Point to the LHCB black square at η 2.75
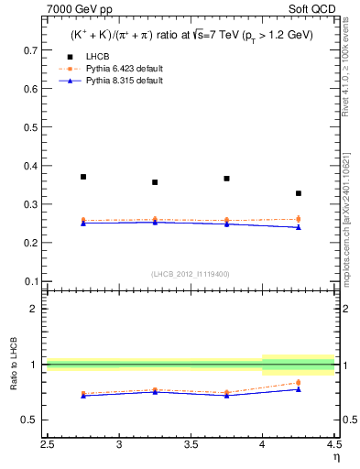[83, 177]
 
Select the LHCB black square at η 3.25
[155, 182]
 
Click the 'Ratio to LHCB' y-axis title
[14, 393]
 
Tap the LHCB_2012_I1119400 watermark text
[191, 274]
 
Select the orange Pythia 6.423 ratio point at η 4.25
[299, 382]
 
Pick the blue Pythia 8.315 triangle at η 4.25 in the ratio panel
[299, 389]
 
